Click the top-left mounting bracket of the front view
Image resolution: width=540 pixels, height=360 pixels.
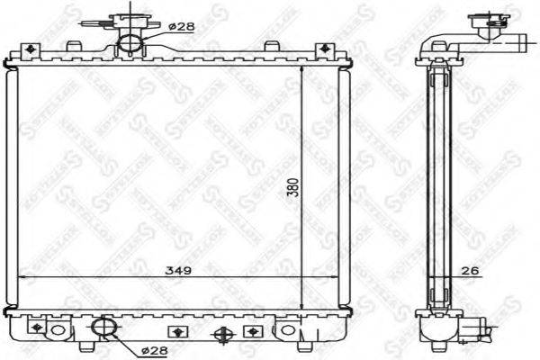pos(32,47)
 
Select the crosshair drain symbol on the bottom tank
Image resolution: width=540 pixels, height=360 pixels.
pos(221,334)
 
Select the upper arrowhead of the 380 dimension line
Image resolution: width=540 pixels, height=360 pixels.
pos(300,65)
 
